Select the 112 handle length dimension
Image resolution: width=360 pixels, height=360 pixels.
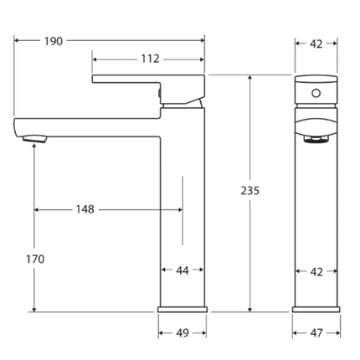[x=150, y=59]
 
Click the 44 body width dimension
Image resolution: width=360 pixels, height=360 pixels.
[x=182, y=270]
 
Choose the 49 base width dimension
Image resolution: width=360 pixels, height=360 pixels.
[x=182, y=332]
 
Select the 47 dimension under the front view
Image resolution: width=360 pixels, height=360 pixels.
[x=316, y=332]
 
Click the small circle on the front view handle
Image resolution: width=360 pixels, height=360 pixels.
[x=316, y=90]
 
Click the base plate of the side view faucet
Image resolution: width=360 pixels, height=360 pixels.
[x=182, y=309]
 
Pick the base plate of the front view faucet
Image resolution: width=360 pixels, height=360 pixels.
[x=316, y=309]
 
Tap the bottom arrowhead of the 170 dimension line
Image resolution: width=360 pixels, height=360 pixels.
[x=34, y=308]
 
